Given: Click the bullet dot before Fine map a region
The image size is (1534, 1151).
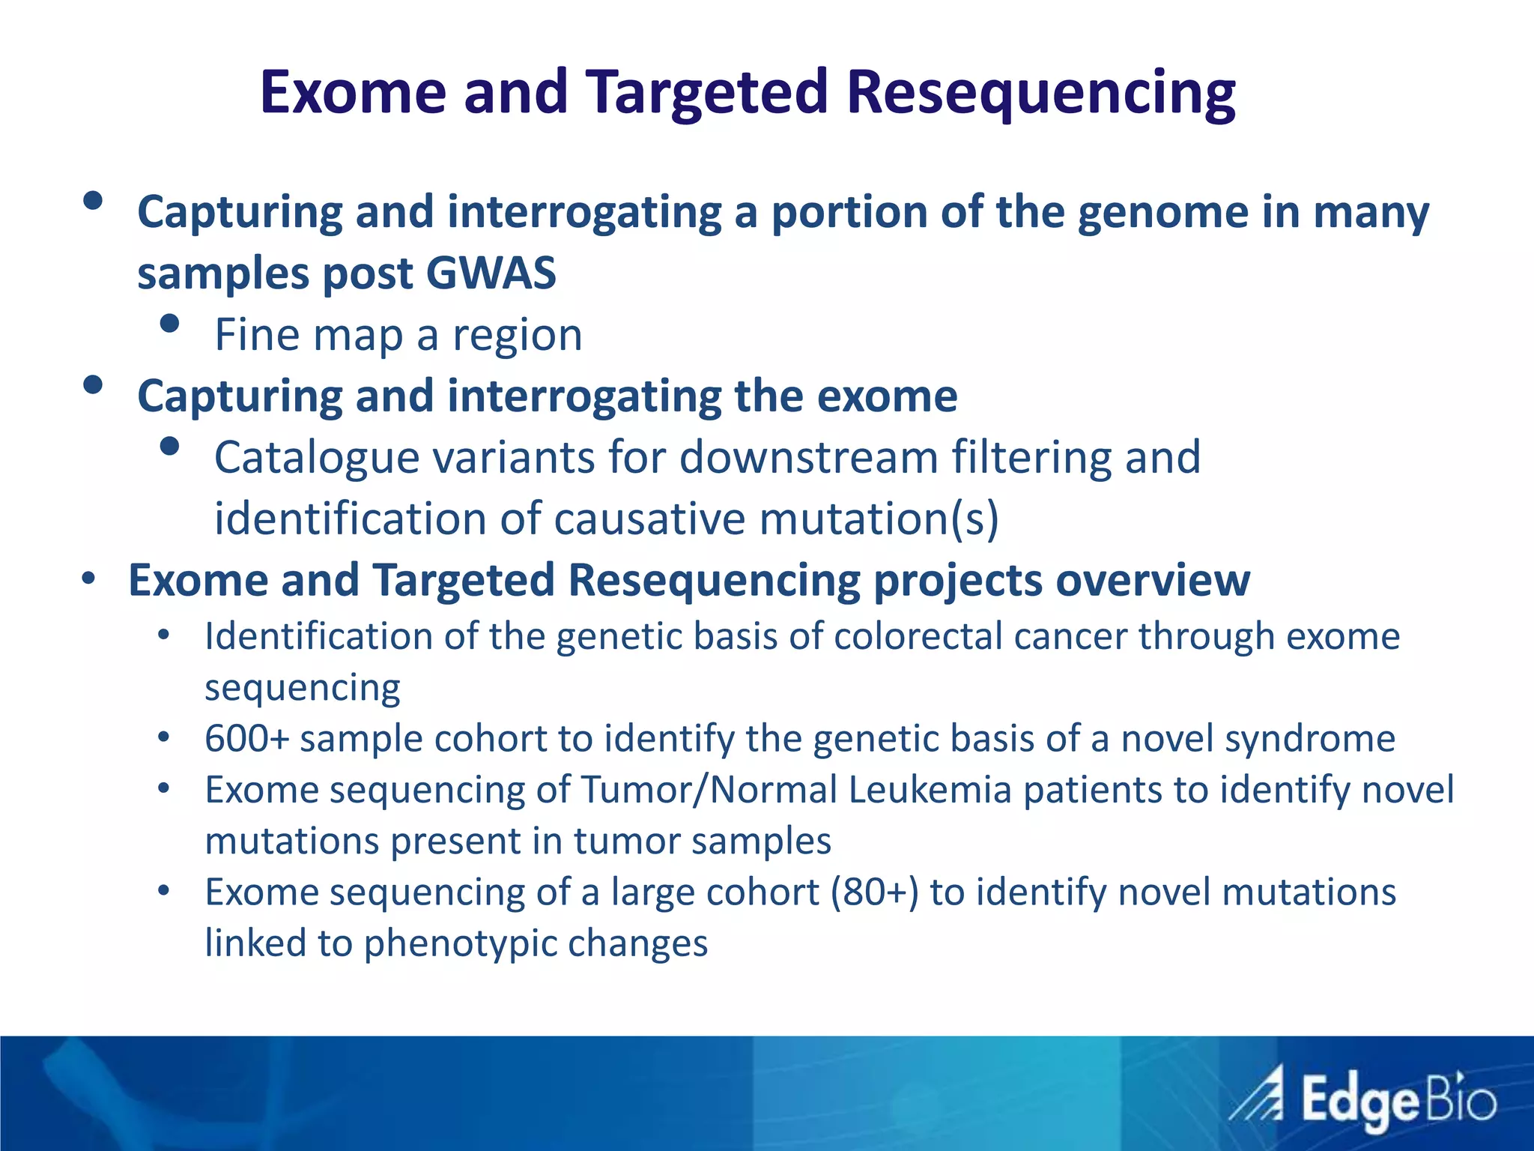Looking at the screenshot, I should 170,324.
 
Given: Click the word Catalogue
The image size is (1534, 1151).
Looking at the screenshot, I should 316,457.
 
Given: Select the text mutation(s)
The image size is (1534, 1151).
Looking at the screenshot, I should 879,519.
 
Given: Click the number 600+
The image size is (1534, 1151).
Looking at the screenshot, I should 246,739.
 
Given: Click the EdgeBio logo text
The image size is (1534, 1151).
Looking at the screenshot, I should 1398,1102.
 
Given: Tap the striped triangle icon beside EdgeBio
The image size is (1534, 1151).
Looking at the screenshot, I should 1257,1096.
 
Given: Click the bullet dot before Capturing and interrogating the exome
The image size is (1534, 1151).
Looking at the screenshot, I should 93,385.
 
